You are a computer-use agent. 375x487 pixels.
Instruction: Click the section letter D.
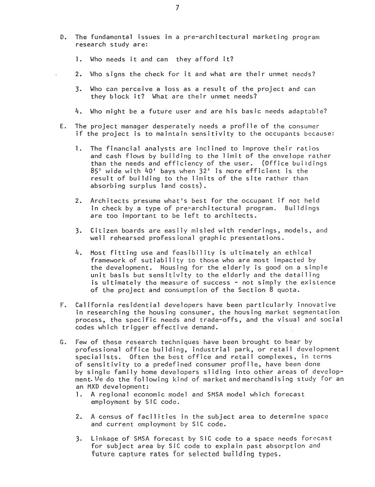[62, 37]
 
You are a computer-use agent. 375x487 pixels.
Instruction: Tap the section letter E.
[62, 126]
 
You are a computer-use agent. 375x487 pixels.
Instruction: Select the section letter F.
[62, 305]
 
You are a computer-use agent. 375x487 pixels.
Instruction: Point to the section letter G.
[62, 342]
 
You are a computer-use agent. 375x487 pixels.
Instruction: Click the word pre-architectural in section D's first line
[217, 37]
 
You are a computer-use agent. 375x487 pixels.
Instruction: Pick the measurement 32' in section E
[208, 171]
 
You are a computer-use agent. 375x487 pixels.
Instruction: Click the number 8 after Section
[271, 290]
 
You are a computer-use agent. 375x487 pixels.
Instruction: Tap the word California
[94, 305]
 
